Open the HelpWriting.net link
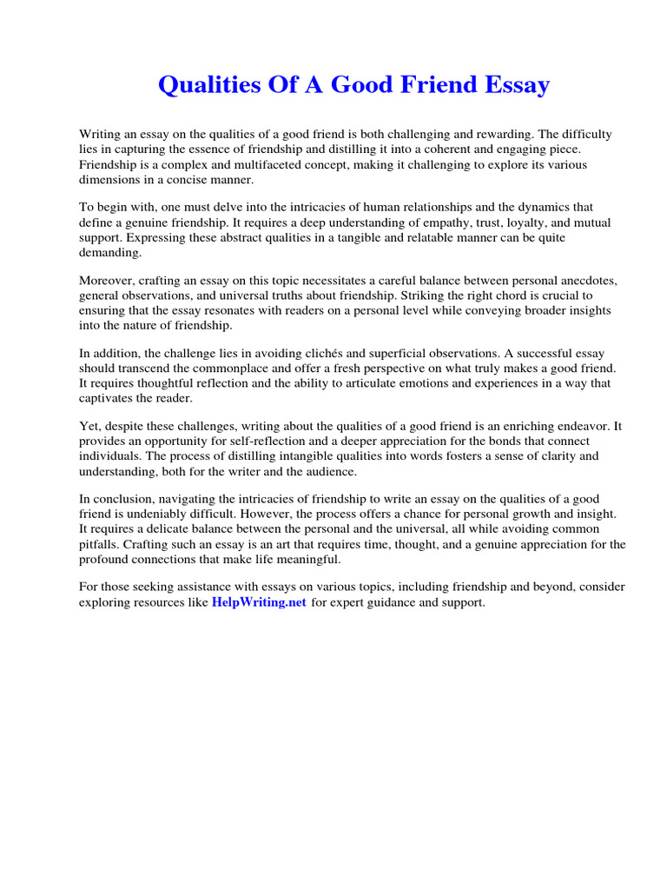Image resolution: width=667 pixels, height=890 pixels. [259, 602]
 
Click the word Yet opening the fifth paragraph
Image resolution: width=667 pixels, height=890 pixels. [89, 427]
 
